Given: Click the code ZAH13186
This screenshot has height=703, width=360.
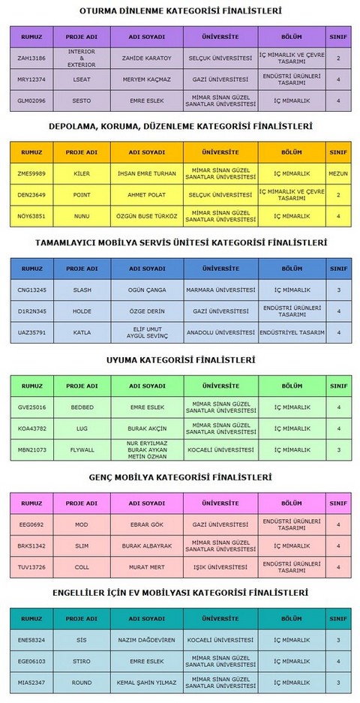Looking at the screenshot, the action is (31, 58).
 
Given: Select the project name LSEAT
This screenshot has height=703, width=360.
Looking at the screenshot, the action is (82, 79).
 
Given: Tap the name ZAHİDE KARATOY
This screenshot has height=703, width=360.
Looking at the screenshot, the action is (147, 58).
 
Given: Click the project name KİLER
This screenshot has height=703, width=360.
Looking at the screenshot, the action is (82, 173).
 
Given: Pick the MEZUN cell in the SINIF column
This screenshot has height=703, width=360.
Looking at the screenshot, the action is (338, 173).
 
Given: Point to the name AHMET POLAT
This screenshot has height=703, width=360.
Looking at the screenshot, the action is (147, 194).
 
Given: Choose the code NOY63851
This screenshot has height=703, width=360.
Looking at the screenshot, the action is (31, 216).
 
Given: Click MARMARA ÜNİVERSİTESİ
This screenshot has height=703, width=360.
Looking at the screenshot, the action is (220, 290).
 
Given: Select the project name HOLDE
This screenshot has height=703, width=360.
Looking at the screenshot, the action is (82, 311).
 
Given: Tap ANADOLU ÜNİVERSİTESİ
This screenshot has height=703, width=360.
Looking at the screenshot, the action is (220, 332).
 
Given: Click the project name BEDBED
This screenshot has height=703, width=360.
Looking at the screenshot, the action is (82, 407).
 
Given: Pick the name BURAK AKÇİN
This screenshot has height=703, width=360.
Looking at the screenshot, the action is (147, 428).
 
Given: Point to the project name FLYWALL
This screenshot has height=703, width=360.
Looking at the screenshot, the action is (82, 449).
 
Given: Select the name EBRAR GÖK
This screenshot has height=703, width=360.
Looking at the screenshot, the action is (147, 524).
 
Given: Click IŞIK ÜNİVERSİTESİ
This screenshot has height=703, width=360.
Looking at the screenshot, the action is (220, 567).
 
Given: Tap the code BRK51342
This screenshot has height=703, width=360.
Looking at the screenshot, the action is (31, 545).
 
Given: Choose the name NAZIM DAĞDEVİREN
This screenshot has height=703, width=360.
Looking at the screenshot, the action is (147, 640).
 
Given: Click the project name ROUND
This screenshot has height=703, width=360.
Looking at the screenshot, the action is (82, 682).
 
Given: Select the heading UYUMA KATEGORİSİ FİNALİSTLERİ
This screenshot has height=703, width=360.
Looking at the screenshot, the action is (181, 360).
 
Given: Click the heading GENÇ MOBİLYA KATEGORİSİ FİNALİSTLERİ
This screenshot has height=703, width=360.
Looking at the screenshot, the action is (181, 477).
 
